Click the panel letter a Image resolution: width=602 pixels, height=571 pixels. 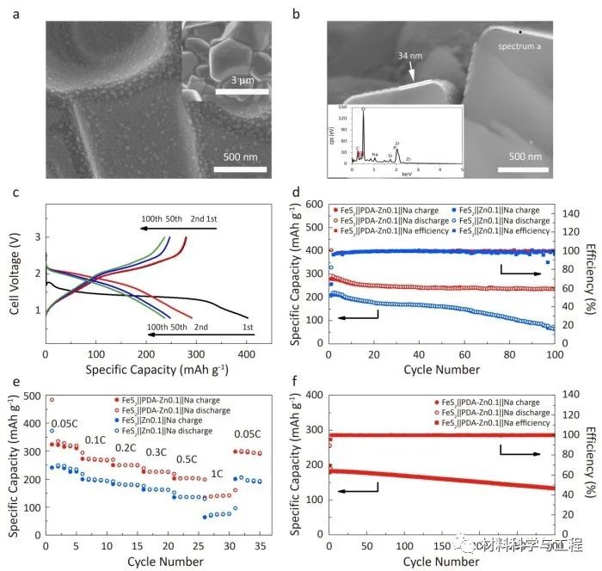15,11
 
